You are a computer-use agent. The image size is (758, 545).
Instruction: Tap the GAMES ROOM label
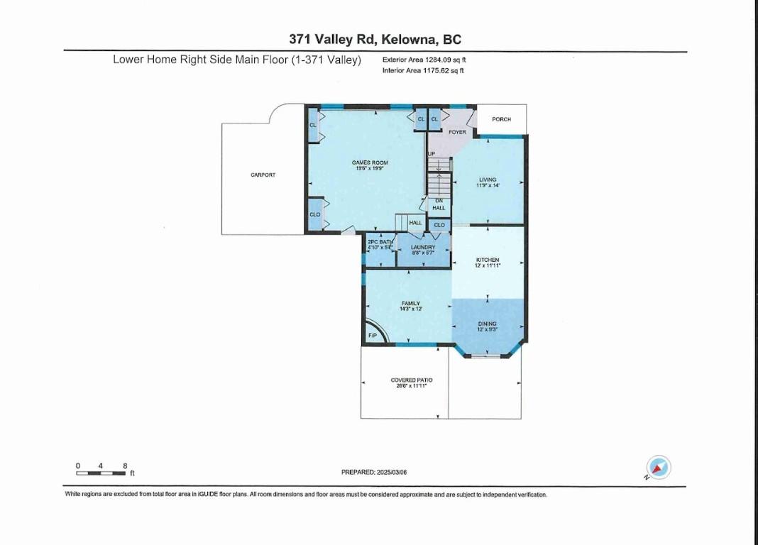point(370,163)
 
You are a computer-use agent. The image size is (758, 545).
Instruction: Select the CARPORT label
point(263,175)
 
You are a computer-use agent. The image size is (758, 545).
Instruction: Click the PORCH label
point(501,119)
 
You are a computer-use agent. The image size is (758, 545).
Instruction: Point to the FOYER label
point(457,132)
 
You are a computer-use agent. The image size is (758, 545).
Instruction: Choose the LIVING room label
point(487,180)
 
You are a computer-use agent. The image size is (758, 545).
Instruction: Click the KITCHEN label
point(488,260)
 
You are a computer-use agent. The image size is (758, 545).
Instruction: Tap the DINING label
point(487,324)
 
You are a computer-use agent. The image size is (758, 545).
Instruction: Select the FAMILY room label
point(410,304)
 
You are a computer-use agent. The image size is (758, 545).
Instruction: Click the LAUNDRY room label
point(423,248)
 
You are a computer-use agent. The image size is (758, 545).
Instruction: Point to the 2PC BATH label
point(380,243)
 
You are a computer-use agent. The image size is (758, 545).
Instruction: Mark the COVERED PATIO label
point(412,380)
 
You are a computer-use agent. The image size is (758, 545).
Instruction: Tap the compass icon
point(659,468)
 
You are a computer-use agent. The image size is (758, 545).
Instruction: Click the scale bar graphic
point(101,473)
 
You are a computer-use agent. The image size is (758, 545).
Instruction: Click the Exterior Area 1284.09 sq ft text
point(424,60)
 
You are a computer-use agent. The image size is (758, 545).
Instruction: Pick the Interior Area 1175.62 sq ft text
point(423,71)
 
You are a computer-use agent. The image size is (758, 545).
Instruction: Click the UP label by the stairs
point(431,154)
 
